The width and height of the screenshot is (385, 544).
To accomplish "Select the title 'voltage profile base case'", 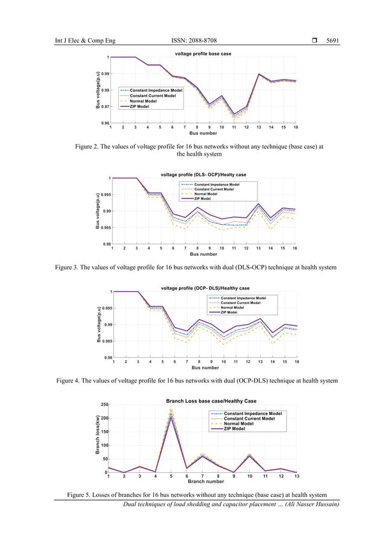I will click(x=203, y=54).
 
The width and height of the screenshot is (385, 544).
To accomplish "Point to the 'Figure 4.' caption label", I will click(x=72, y=381).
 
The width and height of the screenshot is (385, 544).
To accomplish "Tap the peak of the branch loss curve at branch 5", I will click(x=171, y=412).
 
